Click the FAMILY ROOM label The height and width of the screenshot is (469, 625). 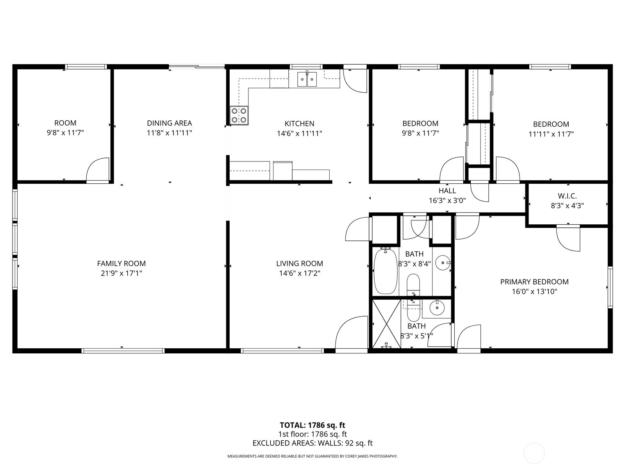click(121, 264)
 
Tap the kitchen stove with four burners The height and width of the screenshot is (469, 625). click(239, 115)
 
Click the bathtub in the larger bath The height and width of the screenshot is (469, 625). click(386, 270)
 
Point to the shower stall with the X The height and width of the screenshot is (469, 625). click(386, 324)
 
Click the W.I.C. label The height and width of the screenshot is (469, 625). click(567, 196)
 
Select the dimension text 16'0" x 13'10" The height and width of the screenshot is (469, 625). click(534, 292)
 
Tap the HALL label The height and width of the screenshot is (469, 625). click(447, 191)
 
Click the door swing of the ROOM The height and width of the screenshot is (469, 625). click(98, 170)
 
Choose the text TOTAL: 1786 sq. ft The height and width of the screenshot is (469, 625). click(312, 425)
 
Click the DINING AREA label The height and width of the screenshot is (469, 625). click(169, 123)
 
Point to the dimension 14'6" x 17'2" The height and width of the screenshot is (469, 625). click(299, 274)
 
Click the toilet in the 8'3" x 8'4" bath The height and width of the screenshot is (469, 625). click(413, 285)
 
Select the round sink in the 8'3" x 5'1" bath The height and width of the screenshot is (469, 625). click(437, 308)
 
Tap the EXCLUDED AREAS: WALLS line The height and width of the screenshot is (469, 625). click(312, 443)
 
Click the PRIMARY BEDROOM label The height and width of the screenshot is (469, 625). click(534, 282)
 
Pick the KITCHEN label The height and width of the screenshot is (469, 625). click(299, 124)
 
